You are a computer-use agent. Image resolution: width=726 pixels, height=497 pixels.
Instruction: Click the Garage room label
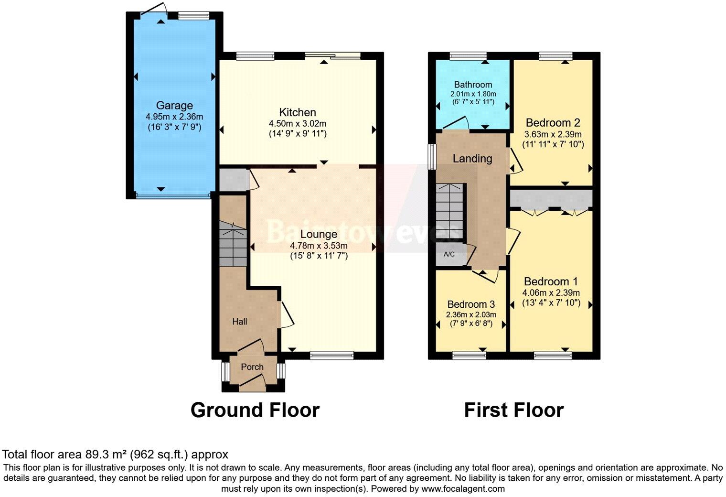click(x=174, y=106)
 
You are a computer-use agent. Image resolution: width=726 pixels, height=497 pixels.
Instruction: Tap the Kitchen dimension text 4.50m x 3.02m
click(x=298, y=124)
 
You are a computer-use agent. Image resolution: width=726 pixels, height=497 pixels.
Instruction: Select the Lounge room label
click(x=319, y=234)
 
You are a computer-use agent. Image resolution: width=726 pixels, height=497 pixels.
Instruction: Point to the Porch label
click(x=252, y=367)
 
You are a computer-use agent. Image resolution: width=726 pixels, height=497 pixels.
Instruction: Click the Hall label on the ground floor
click(x=240, y=322)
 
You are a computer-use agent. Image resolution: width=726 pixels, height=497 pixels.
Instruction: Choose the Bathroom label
click(x=473, y=85)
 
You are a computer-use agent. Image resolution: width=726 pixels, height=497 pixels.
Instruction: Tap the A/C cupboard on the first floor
click(x=449, y=254)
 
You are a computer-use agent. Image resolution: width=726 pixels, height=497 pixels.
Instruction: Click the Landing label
click(x=472, y=159)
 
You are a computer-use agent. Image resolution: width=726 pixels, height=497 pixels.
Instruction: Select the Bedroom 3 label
click(x=471, y=304)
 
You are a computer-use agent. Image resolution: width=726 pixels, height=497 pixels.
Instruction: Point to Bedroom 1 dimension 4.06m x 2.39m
click(x=551, y=293)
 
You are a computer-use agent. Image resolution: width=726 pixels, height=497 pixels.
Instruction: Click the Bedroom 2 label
click(x=553, y=122)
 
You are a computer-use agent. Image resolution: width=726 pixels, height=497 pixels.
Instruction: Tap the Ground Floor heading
click(x=255, y=410)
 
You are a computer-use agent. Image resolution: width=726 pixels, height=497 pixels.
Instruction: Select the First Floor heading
click(x=513, y=410)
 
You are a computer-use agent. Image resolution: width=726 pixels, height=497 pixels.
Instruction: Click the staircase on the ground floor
click(x=233, y=246)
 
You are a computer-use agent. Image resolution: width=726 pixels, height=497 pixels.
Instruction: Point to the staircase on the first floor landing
click(x=450, y=210)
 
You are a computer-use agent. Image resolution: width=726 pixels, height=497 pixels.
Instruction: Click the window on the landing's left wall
click(x=432, y=156)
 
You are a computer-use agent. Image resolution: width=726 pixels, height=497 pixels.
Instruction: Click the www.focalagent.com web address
click(x=462, y=489)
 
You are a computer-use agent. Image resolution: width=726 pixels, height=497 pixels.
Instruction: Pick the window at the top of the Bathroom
click(x=468, y=56)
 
